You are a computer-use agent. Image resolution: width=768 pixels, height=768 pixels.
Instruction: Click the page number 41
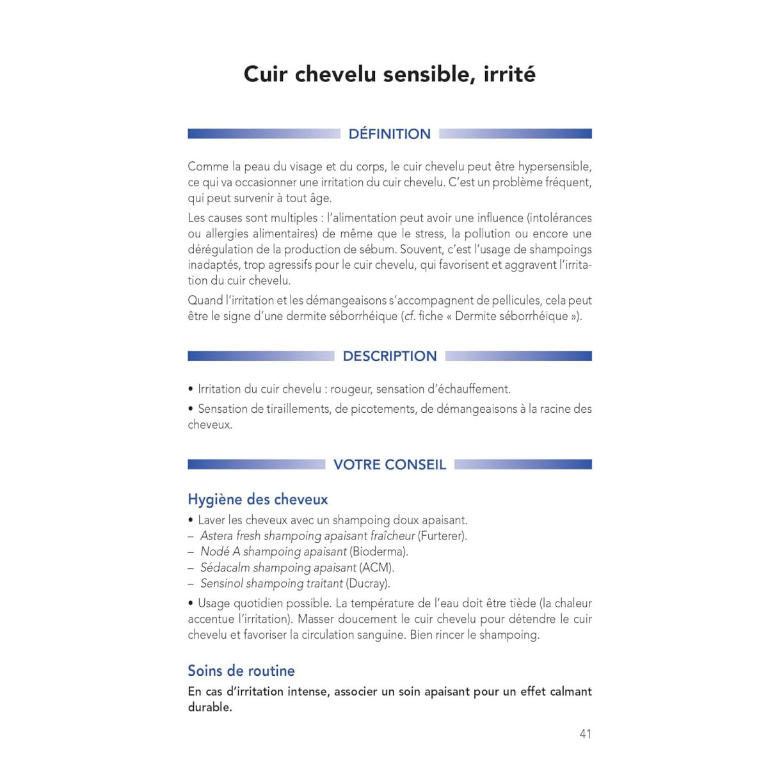(585, 734)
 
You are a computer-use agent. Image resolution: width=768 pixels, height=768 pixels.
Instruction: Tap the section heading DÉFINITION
(389, 134)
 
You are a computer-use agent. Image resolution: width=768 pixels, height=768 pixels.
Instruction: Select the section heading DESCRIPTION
(389, 356)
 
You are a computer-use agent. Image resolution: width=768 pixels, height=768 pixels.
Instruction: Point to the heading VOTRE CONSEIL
(389, 465)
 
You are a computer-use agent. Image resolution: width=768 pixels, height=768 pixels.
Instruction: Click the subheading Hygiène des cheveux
(257, 499)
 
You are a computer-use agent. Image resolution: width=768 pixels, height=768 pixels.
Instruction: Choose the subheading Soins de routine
(241, 671)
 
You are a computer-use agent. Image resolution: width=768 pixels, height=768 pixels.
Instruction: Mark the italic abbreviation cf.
(409, 316)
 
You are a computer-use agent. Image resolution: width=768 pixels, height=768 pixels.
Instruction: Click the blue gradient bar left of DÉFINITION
(264, 134)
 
